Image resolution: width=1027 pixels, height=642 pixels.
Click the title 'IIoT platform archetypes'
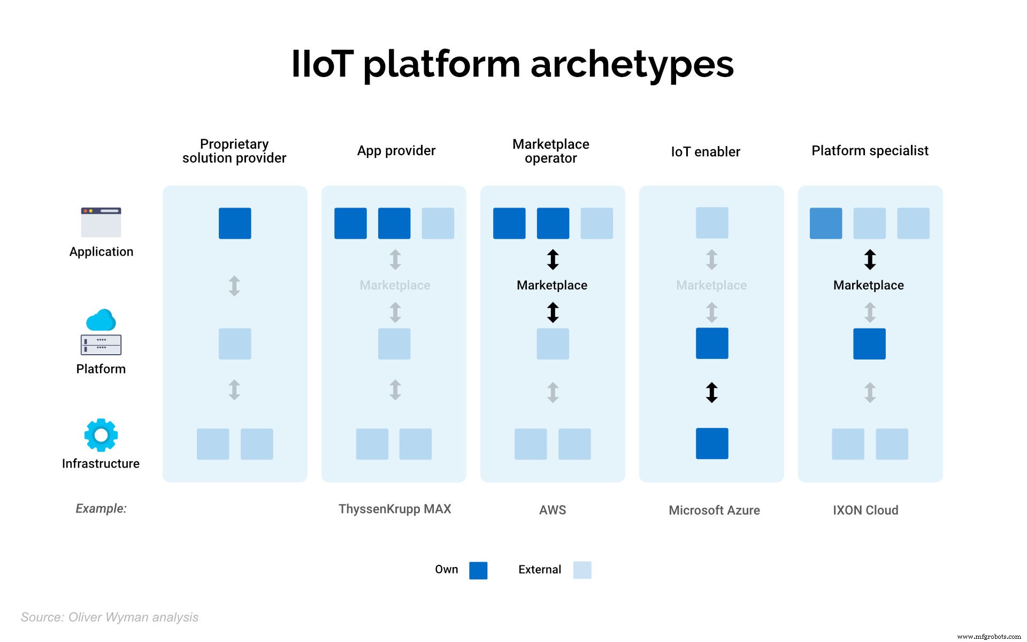point(512,64)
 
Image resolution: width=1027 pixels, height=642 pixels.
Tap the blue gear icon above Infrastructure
point(101,435)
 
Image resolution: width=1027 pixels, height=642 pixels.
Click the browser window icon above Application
point(101,222)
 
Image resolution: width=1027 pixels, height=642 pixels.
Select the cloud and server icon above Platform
point(101,332)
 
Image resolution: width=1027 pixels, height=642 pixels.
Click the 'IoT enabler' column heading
point(706,152)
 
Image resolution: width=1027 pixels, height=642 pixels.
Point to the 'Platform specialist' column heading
point(870,151)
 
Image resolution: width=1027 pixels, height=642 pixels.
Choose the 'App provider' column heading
point(396,151)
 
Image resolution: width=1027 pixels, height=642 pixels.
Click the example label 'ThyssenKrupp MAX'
point(395,509)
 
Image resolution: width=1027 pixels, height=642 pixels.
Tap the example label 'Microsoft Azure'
point(714,510)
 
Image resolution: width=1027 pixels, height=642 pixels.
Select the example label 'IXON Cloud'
point(865,510)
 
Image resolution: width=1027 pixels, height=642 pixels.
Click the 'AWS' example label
point(553,510)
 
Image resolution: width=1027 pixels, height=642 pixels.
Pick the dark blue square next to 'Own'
point(478,570)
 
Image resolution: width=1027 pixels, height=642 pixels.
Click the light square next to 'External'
point(582,570)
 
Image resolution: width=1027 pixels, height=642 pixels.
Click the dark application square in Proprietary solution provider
point(235,223)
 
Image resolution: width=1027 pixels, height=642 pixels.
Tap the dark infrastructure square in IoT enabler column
point(712,444)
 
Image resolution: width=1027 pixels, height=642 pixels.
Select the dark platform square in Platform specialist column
point(869,343)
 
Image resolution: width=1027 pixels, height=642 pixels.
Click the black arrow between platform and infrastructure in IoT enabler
point(711,393)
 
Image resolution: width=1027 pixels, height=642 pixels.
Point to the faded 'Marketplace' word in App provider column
point(395,285)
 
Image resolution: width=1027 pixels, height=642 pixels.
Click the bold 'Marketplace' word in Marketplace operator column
point(552,285)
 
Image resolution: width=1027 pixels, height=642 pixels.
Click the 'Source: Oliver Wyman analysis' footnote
point(110,617)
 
